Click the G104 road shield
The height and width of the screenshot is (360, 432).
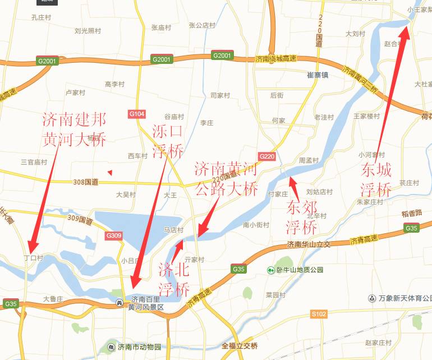[x=137, y=114]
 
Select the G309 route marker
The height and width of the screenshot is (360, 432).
[x=113, y=236]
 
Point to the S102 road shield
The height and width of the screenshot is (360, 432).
[x=319, y=315]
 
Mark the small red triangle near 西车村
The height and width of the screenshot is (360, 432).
[x=111, y=172]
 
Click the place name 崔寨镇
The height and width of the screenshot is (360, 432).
[x=317, y=75]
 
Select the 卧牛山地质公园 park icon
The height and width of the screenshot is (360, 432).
[x=270, y=270]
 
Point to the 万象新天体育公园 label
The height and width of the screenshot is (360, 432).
[x=400, y=298]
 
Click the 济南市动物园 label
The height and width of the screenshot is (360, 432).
[x=139, y=347]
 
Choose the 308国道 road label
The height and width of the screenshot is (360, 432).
[x=85, y=182]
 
